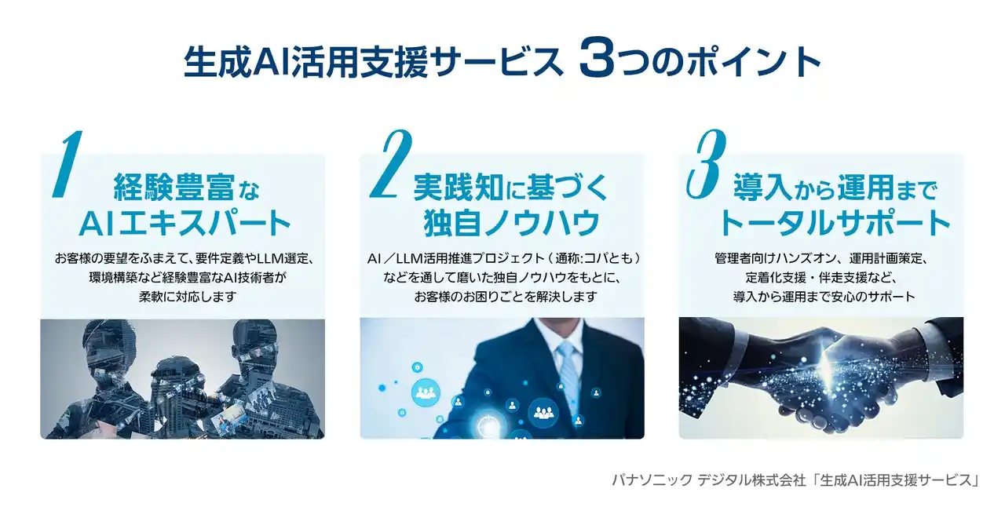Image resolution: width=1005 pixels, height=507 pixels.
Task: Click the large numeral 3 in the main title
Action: point(597,57)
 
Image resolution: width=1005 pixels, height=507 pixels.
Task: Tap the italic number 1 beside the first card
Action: point(68,164)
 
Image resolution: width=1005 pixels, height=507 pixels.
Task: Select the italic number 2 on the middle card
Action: point(391,164)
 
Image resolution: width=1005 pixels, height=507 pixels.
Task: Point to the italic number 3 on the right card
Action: point(706,164)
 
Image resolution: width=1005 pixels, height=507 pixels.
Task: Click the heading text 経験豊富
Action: point(174,188)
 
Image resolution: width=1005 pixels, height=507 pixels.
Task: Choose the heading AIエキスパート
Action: point(185,224)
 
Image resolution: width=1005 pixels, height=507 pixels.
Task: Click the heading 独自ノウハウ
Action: point(512,223)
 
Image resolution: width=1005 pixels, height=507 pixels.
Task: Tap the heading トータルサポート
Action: point(835,223)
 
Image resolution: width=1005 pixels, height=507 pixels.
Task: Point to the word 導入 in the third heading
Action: point(762,187)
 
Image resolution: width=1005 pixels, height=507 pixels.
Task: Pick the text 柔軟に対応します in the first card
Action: point(188,297)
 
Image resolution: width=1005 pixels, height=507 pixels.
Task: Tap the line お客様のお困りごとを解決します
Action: point(506,297)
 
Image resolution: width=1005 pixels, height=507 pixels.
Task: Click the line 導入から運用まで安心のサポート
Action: point(824,297)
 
